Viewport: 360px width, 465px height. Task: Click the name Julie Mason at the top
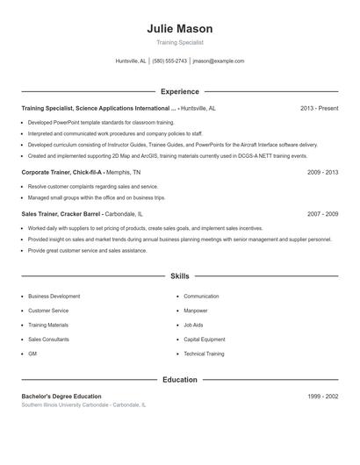(179, 29)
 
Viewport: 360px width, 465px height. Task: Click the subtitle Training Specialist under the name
(179, 42)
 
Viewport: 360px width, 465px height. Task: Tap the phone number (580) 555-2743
(169, 61)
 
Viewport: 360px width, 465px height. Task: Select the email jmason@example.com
(218, 61)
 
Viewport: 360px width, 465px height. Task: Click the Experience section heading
(179, 91)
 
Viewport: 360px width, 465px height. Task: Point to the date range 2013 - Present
(319, 108)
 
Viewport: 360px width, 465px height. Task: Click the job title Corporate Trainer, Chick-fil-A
(62, 173)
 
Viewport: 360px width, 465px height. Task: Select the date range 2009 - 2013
(322, 173)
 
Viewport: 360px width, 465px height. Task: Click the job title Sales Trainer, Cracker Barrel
(62, 213)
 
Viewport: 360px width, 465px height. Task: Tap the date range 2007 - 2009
(322, 213)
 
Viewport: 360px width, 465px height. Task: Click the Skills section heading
(179, 276)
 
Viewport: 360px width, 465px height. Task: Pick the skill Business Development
(54, 297)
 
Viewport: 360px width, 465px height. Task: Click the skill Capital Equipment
(204, 339)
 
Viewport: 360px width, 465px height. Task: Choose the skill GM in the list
(32, 354)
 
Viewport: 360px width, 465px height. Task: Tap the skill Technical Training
(204, 354)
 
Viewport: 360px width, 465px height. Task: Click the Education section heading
(179, 380)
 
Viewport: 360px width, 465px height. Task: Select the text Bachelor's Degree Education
(61, 397)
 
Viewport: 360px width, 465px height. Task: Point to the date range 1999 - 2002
(322, 397)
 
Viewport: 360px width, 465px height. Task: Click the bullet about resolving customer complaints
(93, 187)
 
